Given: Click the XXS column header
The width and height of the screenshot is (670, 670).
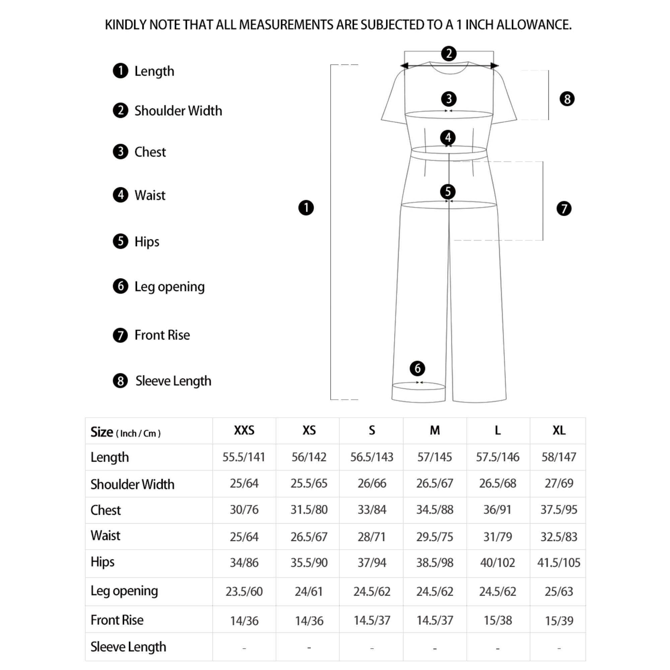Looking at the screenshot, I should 244,430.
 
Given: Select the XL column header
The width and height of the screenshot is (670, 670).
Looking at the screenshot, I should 559,430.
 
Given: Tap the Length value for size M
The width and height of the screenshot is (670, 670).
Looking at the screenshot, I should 434,457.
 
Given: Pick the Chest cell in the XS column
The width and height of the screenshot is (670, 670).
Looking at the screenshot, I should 309,510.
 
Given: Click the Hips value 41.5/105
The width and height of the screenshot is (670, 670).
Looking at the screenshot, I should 559,562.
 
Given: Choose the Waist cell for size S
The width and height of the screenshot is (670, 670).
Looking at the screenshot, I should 372,536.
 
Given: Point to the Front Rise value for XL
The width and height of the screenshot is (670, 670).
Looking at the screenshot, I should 559,620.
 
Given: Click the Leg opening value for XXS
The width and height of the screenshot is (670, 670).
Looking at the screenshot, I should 244,591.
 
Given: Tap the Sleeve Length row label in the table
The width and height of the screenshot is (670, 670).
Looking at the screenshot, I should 128,647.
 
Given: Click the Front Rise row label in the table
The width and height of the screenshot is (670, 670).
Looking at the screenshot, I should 117,620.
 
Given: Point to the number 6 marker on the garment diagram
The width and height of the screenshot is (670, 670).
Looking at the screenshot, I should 417,368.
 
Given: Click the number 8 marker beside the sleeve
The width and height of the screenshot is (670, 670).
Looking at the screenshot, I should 567,99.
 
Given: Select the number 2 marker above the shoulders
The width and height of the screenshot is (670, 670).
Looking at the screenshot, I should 449,53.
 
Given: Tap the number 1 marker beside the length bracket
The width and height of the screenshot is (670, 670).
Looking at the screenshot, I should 306,208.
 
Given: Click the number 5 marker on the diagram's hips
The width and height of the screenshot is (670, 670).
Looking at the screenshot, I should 448,191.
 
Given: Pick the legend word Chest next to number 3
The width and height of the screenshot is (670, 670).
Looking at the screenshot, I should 150,152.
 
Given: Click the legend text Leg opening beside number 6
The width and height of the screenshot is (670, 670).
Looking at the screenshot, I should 169,286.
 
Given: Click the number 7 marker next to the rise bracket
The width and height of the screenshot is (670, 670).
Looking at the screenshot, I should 564,208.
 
